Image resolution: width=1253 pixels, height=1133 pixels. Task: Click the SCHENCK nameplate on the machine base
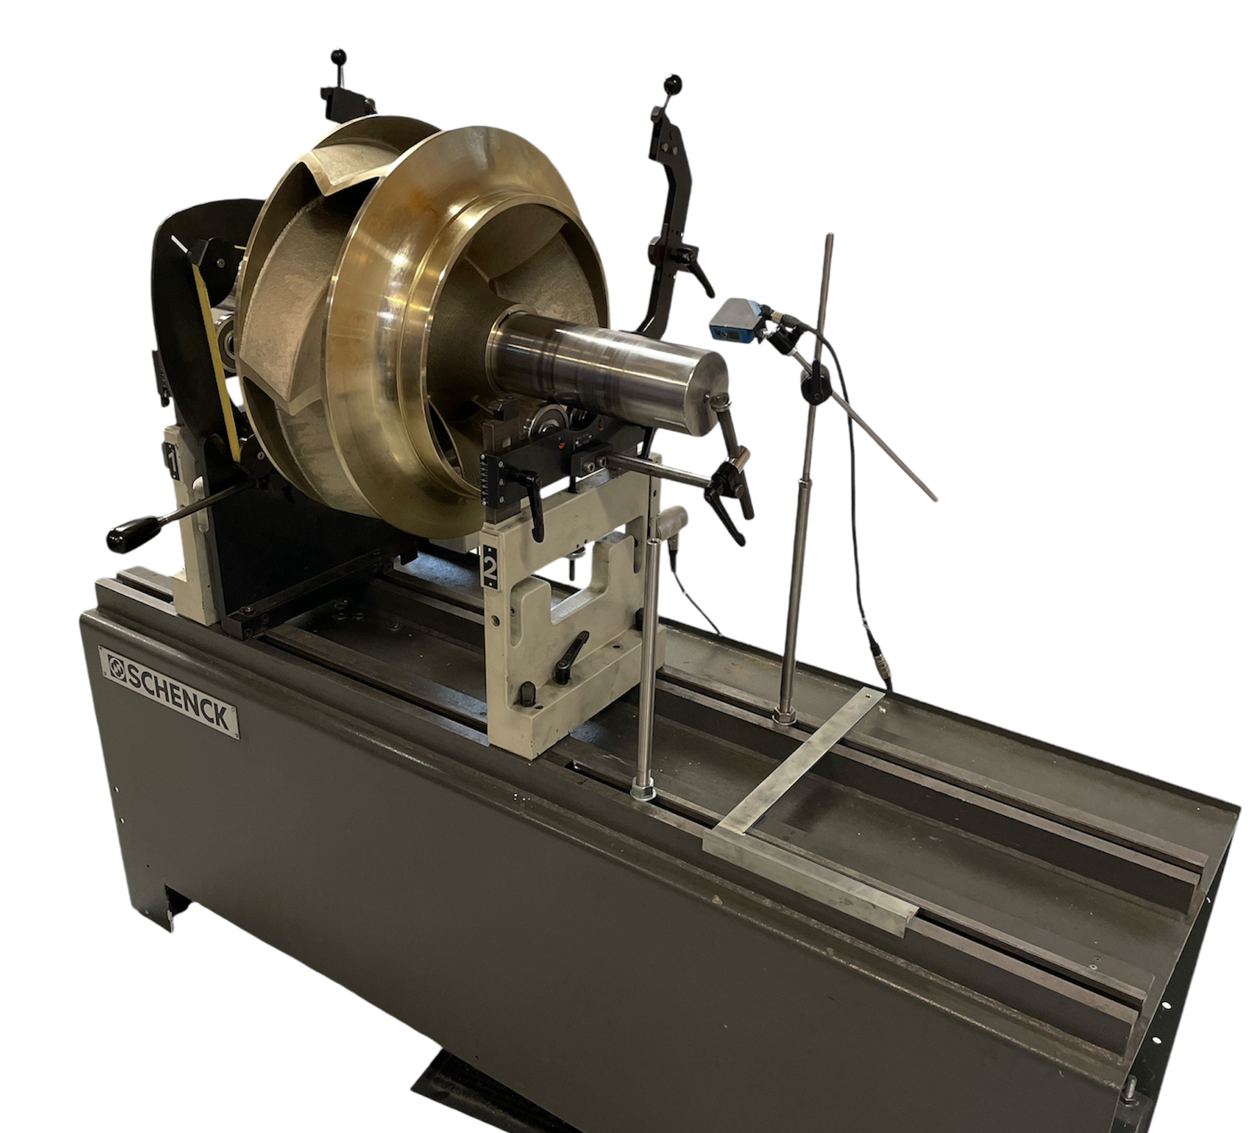tap(168, 691)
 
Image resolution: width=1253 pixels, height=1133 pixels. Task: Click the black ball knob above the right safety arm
tap(673, 84)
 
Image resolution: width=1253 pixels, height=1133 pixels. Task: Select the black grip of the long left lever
tap(132, 533)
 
